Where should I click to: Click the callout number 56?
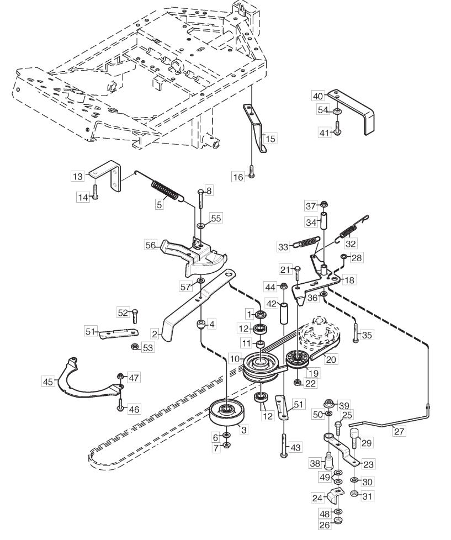(151, 245)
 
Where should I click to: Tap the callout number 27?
(399, 431)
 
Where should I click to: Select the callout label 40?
(318, 96)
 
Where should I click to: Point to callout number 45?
(47, 382)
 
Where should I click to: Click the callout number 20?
(331, 359)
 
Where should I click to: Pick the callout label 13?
(78, 176)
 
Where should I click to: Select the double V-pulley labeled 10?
(261, 368)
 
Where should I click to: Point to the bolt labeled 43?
(283, 445)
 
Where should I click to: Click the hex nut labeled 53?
(135, 346)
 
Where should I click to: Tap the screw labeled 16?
(251, 171)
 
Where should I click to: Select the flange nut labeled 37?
(323, 205)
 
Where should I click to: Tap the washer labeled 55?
(200, 225)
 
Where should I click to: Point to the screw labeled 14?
(95, 192)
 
